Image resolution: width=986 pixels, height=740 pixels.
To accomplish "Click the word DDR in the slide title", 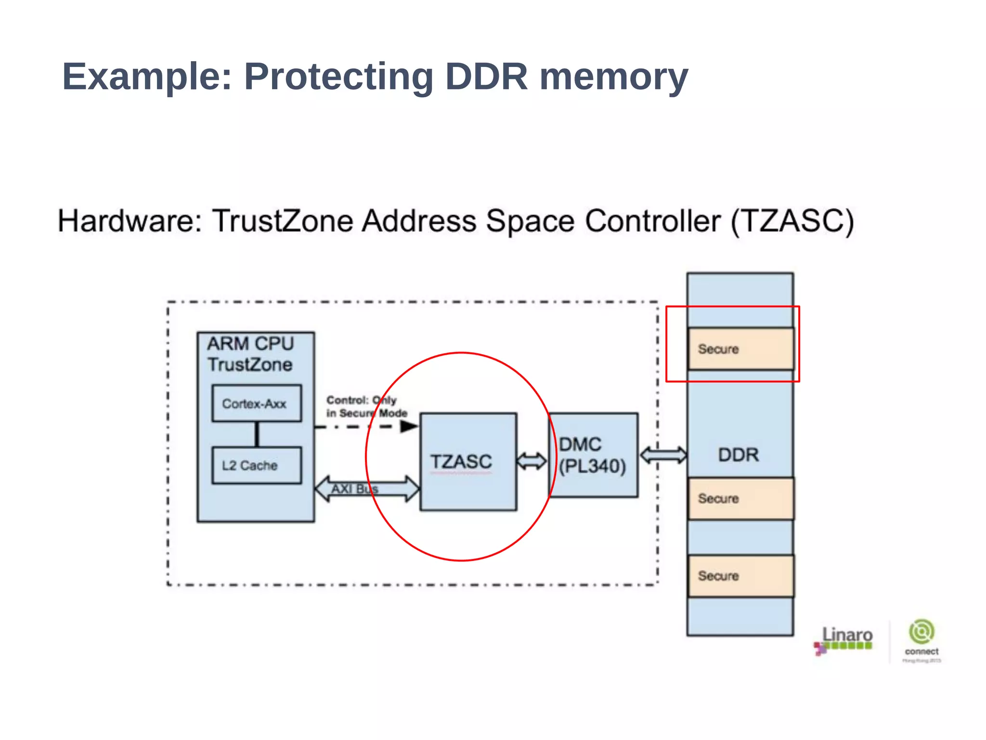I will [x=486, y=77].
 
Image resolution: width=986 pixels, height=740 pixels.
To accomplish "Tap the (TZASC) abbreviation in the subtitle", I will [x=792, y=221].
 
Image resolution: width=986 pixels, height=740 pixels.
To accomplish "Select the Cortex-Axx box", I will [x=257, y=403].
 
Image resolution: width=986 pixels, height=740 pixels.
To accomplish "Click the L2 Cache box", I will [x=257, y=466].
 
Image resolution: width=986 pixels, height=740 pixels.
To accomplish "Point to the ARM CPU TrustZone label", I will [x=250, y=354].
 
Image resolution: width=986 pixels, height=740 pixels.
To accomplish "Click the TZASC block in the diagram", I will [x=468, y=462].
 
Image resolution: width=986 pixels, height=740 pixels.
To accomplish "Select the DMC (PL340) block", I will [x=593, y=455].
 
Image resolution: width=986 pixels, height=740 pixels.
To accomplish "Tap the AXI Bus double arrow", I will [x=367, y=489].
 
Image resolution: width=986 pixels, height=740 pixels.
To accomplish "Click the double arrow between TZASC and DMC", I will [x=532, y=461].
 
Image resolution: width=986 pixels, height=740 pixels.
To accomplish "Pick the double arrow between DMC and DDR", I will [x=663, y=455].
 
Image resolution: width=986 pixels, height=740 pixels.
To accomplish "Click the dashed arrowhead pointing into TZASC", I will [x=409, y=426].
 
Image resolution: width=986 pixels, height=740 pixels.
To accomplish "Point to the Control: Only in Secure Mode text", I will [x=366, y=407].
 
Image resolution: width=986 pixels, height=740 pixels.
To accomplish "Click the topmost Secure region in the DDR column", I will [x=740, y=349].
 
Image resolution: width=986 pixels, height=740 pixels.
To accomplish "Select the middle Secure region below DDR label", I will [x=740, y=498].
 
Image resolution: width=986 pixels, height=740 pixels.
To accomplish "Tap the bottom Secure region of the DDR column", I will [x=740, y=576].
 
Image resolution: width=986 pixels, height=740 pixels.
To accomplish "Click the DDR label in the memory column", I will [x=738, y=455].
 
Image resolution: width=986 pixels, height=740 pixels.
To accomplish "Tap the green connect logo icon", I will [x=921, y=632].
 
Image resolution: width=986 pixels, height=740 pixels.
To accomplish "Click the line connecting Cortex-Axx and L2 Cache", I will [x=257, y=434].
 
